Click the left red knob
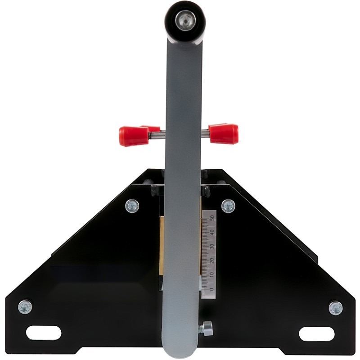point(134,136)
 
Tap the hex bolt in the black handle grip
point(185,21)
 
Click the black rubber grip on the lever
point(185,22)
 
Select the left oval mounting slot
point(44,333)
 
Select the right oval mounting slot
point(317,333)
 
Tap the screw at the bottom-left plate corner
point(25,307)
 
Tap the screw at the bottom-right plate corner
point(336,308)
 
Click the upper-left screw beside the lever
point(132,206)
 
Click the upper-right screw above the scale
point(228,206)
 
